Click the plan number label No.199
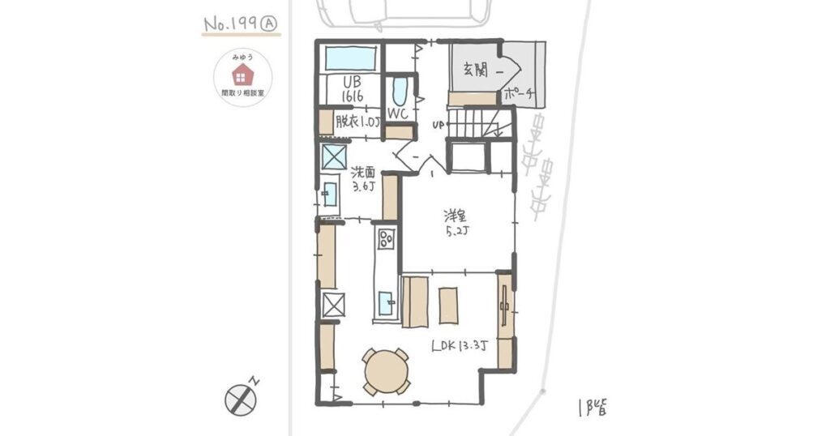click(x=231, y=24)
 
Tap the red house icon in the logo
click(x=242, y=75)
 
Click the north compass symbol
click(x=241, y=399)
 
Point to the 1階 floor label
click(x=593, y=408)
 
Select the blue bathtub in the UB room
click(x=351, y=58)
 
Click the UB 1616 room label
click(x=352, y=89)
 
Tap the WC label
click(x=397, y=113)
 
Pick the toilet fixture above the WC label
click(x=400, y=92)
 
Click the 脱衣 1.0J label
click(x=358, y=122)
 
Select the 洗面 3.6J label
click(x=364, y=179)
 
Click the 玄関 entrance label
click(x=476, y=71)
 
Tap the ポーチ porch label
click(x=518, y=95)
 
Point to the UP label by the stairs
click(x=438, y=126)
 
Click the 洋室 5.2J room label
click(x=456, y=223)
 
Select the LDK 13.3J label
click(x=460, y=346)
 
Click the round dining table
click(x=386, y=371)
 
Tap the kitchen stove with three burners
click(x=385, y=238)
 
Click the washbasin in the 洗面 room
click(x=330, y=194)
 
